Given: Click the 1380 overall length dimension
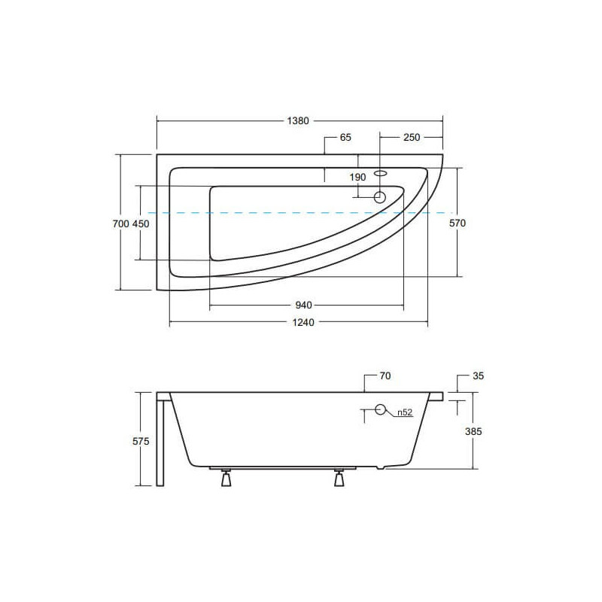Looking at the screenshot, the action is tap(298, 121).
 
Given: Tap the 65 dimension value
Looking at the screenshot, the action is tap(345, 138).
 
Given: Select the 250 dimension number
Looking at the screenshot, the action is tap(412, 138).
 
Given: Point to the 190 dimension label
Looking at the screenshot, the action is tap(357, 178).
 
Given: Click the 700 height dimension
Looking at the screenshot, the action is tap(120, 223).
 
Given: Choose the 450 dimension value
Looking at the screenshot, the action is tap(141, 223).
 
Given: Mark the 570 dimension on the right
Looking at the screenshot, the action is tap(458, 223).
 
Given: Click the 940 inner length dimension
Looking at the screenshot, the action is tap(303, 306).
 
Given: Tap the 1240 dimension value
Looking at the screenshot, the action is tap(303, 323).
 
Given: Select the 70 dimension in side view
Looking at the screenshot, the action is tap(385, 375).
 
